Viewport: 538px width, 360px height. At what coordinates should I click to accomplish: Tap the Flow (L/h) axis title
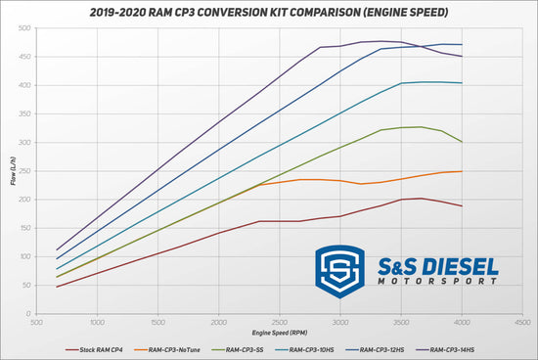pos(11,172)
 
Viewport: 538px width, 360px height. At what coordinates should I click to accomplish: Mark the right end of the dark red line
pos(462,205)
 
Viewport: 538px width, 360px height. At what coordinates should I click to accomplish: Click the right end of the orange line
pos(462,171)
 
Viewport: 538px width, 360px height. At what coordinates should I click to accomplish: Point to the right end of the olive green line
pos(462,142)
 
